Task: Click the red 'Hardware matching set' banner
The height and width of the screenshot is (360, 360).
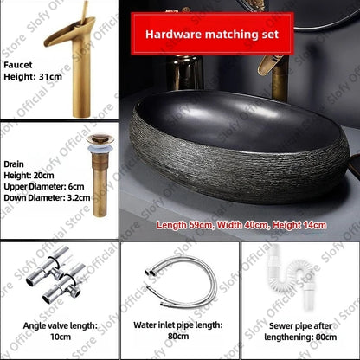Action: (212, 35)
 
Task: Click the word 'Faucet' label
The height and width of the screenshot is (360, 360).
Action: (17, 63)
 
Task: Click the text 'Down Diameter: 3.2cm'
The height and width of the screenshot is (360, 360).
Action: (46, 196)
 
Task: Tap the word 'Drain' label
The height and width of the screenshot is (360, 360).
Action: (14, 161)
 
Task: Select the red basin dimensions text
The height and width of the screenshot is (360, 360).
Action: (241, 225)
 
